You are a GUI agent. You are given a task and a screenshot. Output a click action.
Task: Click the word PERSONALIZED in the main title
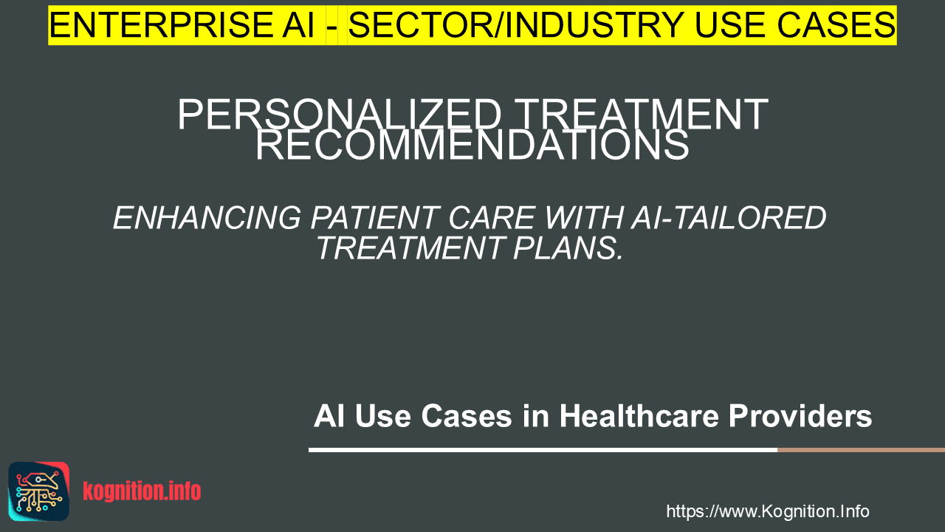coord(339,115)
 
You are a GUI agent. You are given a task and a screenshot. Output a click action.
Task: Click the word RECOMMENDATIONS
coord(472,145)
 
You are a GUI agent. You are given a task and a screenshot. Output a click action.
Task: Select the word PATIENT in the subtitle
coord(374,218)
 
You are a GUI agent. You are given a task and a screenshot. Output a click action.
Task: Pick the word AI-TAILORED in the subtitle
coord(728,218)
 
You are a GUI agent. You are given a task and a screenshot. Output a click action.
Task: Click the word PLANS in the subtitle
coord(568,248)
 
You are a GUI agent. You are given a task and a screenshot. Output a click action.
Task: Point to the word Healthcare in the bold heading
coord(639,416)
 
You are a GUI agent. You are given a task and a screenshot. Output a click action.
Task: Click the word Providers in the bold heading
coord(800,416)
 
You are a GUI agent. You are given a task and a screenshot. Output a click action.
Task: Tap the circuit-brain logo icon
coord(39,491)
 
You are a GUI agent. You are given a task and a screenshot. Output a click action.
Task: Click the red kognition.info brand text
coord(142,491)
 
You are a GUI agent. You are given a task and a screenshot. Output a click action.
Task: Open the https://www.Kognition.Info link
coord(768,511)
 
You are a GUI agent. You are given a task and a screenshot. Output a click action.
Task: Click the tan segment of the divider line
coord(861,450)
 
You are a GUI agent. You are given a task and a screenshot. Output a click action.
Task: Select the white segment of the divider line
coord(543,450)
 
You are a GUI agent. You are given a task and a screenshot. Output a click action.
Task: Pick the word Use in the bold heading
coord(383,416)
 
